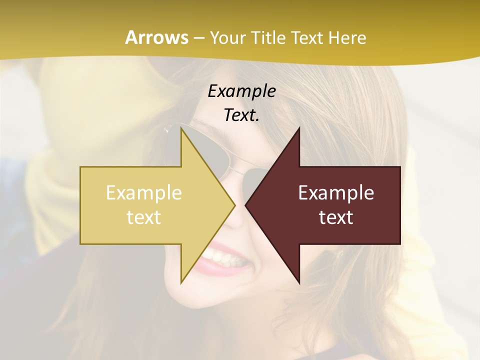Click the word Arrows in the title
[x=157, y=38]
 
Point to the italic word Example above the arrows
[x=241, y=91]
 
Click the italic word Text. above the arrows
[x=241, y=115]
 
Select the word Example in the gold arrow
[x=144, y=193]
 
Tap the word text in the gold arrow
[x=144, y=217]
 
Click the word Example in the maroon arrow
[x=336, y=193]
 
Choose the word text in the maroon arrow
[x=336, y=217]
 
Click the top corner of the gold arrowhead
[x=181, y=129]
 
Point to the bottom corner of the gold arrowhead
[x=181, y=282]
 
